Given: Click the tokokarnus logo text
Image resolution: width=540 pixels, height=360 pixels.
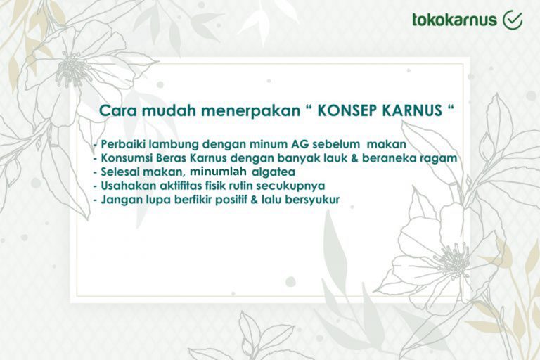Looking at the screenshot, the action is (455, 20).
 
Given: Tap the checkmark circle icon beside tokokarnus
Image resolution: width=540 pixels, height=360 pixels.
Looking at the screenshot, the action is (513, 20).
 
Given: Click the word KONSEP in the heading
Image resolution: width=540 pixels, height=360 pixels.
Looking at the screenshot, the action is (345, 110).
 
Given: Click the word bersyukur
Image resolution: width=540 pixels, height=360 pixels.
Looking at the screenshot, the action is (312, 200).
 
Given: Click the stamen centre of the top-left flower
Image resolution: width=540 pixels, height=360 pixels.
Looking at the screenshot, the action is (73, 70).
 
